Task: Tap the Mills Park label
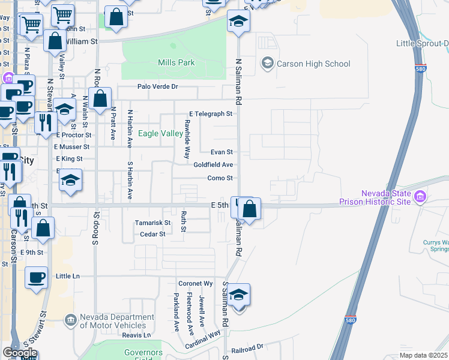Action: (x=176, y=62)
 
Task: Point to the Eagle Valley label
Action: (x=160, y=133)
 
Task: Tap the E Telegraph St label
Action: (x=210, y=113)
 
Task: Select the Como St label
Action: (x=220, y=178)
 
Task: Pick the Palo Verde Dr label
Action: (x=158, y=86)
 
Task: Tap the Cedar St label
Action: (x=152, y=234)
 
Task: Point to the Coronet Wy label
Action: (x=196, y=283)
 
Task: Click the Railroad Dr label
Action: (x=248, y=347)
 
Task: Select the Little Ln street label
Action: (x=67, y=276)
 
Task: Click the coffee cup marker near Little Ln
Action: (x=37, y=277)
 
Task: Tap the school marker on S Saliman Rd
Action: (x=239, y=295)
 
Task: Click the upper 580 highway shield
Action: (x=420, y=69)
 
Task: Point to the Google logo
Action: (x=20, y=353)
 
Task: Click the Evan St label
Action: (x=221, y=152)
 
